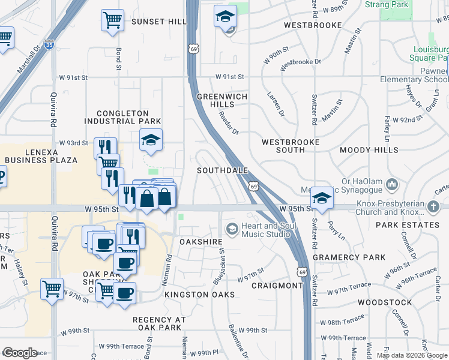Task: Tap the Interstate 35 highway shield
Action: point(49,43)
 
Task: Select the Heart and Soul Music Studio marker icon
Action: point(232,229)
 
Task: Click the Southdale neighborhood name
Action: point(223,170)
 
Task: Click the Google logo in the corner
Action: point(19,353)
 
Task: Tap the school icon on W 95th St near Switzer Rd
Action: point(322,199)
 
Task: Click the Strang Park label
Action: point(387,5)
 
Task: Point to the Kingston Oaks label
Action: point(199,295)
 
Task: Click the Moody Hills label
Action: point(369,149)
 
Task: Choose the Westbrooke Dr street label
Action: point(300,62)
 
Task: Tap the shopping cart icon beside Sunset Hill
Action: point(112,20)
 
